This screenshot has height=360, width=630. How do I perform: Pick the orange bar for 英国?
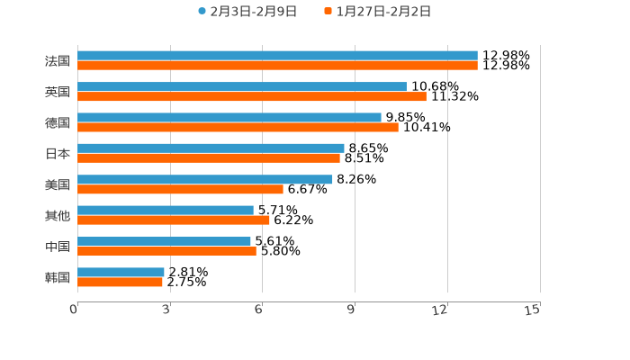coord(252,96)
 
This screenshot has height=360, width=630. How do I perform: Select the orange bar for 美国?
coord(180,189)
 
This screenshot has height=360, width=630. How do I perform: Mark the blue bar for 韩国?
coord(121,272)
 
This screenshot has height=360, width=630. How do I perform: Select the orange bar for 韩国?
coord(120,282)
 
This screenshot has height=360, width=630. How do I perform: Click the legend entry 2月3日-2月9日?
coord(247,11)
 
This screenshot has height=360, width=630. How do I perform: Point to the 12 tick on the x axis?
coord(440,310)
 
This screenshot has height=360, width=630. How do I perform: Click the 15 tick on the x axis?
coord(533,310)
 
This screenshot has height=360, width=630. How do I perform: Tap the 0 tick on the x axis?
coord(74,310)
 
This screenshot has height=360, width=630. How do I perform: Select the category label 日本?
coord(58,153)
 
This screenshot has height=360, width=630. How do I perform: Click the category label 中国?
coord(58,246)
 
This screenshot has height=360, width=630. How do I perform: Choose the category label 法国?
coord(58,60)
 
